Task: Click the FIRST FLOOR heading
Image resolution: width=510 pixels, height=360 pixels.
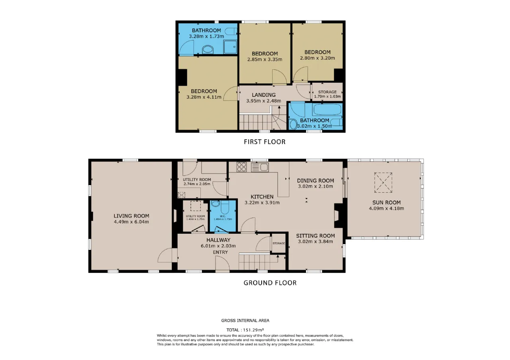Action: click(x=265, y=142)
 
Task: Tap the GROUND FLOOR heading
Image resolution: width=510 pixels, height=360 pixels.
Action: click(x=270, y=283)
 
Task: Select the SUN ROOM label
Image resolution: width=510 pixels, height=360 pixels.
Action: click(x=386, y=202)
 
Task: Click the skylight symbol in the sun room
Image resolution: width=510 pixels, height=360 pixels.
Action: click(x=383, y=182)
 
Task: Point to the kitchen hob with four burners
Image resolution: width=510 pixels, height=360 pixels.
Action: click(x=241, y=167)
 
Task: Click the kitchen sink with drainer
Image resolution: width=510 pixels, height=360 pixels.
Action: click(x=260, y=167)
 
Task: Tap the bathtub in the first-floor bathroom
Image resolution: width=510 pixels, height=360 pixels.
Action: click(x=328, y=110)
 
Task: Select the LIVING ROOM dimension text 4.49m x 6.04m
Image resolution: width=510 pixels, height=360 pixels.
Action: click(x=131, y=222)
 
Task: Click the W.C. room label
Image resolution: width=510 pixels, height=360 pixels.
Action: click(x=223, y=216)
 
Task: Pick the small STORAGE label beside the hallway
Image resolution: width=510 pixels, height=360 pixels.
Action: click(x=279, y=243)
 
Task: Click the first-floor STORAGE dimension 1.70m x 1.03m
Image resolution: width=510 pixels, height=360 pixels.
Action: click(x=328, y=96)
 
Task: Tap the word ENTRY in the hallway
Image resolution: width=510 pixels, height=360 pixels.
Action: click(x=220, y=252)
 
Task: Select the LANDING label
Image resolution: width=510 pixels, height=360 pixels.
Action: click(x=264, y=95)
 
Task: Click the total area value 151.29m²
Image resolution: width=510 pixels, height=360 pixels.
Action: click(x=253, y=330)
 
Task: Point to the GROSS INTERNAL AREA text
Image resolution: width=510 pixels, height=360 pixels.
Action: click(x=245, y=321)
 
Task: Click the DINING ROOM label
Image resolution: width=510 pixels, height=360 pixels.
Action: click(x=315, y=180)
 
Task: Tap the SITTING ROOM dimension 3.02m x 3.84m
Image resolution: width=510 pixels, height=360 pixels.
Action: click(x=315, y=241)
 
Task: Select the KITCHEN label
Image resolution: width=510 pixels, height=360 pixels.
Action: click(x=262, y=197)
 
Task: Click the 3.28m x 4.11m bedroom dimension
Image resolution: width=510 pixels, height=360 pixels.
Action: click(x=204, y=97)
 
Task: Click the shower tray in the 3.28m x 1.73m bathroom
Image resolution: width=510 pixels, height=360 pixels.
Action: click(x=230, y=47)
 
